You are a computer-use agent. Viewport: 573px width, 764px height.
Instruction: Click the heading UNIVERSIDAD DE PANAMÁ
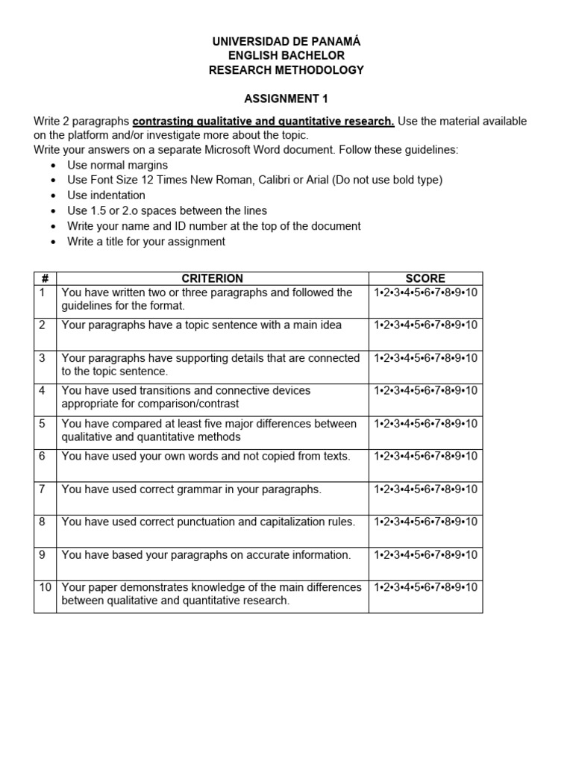[286, 41]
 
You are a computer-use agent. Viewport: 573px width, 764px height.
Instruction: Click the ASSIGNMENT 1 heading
[286, 98]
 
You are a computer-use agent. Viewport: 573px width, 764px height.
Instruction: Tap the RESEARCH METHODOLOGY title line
[286, 70]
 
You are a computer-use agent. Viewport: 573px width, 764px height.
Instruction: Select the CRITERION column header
[213, 278]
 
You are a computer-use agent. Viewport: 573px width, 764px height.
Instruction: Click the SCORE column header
[425, 278]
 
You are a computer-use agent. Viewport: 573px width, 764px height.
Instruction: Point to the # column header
[45, 278]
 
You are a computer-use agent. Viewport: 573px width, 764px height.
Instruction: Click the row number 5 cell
[43, 424]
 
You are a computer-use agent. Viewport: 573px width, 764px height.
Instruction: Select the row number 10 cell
[45, 588]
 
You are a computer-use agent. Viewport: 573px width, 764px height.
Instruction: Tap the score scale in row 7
[425, 489]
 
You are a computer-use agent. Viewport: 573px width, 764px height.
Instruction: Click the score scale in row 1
[425, 292]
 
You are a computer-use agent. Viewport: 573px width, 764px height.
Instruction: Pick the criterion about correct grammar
[192, 489]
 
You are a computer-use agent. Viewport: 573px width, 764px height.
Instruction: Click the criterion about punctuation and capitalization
[208, 522]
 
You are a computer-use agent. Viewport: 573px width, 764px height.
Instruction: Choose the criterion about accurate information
[206, 555]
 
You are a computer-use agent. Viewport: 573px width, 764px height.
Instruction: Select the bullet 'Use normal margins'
[117, 165]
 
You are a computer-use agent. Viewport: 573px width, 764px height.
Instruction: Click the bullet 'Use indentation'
[106, 195]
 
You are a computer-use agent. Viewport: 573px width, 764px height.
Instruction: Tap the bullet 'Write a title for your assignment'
[146, 242]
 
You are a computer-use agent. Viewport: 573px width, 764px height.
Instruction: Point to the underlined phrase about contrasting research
[263, 121]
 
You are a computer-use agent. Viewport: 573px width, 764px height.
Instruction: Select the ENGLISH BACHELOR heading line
[286, 56]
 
